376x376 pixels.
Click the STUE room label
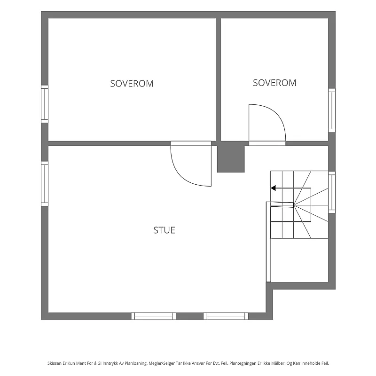[164, 230]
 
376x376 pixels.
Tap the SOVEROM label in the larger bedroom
[132, 84]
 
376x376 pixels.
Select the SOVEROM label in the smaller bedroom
[274, 83]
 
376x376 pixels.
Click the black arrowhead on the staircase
[273, 188]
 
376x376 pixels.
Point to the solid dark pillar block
[231, 157]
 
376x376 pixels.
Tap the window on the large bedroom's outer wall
[45, 104]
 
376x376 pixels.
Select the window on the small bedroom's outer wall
[332, 110]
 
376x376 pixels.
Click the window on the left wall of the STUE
[45, 184]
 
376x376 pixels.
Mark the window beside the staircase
[332, 192]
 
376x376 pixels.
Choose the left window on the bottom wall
[154, 316]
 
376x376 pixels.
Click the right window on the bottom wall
[226, 316]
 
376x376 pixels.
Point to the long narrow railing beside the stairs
[268, 242]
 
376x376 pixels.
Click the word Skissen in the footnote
[55, 363]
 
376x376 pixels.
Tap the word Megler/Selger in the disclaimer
[162, 363]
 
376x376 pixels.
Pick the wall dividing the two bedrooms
[218, 79]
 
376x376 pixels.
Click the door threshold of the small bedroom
[267, 143]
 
